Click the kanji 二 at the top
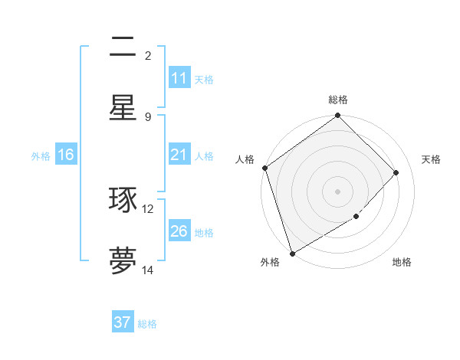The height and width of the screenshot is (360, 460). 123,48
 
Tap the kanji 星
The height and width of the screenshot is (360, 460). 123,107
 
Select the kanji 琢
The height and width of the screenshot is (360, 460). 123,199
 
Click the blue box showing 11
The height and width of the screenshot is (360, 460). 179,78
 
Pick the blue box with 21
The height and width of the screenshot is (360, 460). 179,155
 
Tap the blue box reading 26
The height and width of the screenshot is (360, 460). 179,231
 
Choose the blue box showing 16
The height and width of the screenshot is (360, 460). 66,155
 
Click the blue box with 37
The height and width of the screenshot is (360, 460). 123,322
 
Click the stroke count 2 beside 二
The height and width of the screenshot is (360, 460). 148,55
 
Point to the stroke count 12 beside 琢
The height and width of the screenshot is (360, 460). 148,208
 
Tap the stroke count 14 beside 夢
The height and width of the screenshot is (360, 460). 148,270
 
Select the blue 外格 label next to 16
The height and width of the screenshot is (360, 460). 41,155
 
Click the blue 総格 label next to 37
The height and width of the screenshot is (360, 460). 147,324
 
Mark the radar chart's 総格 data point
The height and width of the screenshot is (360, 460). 337,116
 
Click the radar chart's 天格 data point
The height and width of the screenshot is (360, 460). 396,172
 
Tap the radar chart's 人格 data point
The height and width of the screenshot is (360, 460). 264,168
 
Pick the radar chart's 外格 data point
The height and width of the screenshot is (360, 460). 292,253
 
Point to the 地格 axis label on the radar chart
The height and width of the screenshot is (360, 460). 402,262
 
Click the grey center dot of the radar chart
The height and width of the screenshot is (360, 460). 337,191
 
